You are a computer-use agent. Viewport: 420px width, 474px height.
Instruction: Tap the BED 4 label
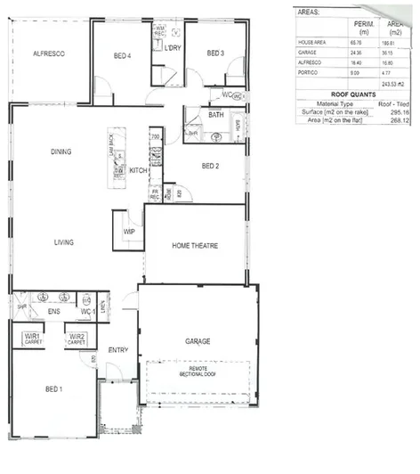(124, 56)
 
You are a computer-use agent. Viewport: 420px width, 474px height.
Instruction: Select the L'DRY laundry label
(172, 47)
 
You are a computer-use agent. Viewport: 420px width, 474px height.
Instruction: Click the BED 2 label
(211, 166)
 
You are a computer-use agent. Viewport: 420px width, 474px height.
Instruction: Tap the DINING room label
(61, 151)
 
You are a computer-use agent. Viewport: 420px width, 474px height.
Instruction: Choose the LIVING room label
(63, 242)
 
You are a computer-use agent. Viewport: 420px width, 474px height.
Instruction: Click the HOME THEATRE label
(196, 246)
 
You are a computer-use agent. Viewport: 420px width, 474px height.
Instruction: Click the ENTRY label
(117, 350)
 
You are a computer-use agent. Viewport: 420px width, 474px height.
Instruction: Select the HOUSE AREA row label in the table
(313, 43)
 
